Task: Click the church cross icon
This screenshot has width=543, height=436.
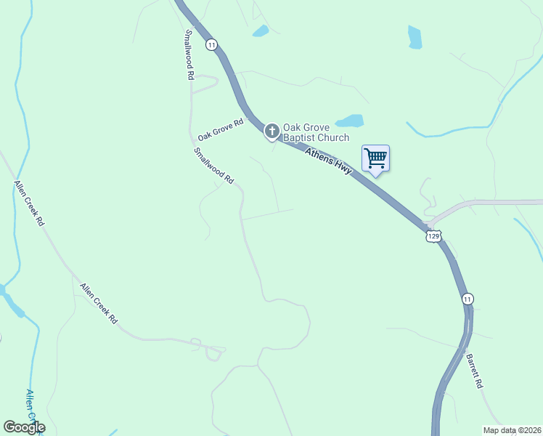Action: coord(272,132)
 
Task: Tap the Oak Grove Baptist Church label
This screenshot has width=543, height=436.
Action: coord(316,132)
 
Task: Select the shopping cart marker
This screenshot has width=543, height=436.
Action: coord(375,158)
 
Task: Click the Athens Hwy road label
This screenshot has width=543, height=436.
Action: coord(329,161)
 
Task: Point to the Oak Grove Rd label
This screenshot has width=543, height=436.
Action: coord(220,131)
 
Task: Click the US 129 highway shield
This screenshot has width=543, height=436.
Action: coord(433,236)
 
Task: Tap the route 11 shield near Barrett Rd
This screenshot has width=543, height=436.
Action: coord(468,299)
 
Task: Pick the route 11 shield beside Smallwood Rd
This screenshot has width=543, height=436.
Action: coord(211,44)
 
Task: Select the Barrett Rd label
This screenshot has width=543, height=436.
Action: coord(474,371)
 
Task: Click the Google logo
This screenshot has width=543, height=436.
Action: coord(24,427)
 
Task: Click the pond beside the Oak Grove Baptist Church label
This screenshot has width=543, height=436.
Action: coord(350,121)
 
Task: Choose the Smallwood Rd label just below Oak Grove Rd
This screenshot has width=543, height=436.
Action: coord(214,165)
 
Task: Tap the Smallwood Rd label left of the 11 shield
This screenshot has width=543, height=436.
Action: coord(189,54)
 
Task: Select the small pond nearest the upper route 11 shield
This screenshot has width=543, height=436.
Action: coord(260,31)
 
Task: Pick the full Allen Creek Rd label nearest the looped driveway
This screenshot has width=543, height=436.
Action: coord(99,303)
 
